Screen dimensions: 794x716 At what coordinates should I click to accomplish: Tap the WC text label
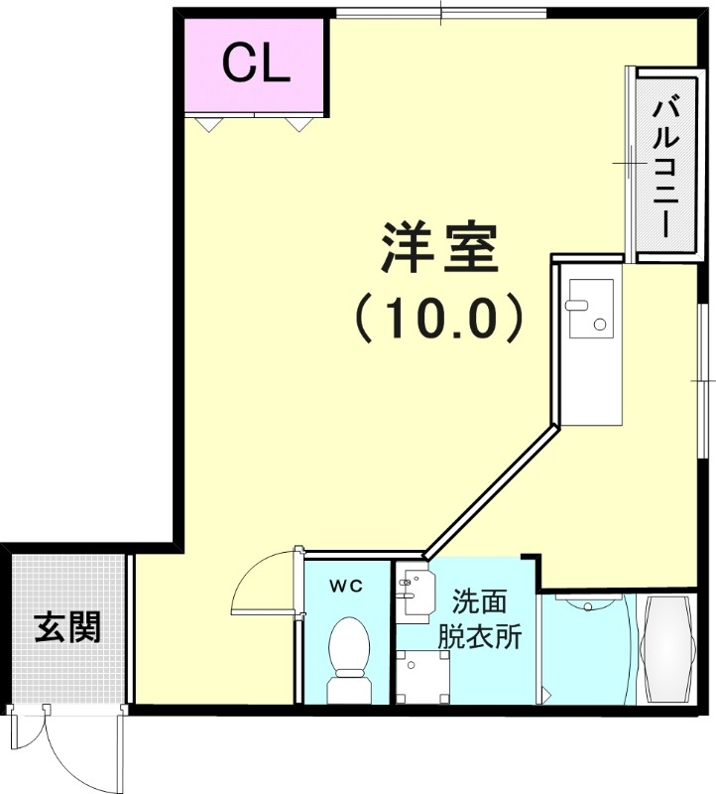[x=346, y=586]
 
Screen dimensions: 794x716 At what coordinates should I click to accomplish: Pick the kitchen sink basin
[x=589, y=306]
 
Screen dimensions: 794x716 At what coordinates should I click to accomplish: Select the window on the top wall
[x=440, y=13]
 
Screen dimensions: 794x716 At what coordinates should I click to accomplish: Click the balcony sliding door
[x=629, y=164]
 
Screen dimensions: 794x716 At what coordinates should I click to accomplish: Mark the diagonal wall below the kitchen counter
[x=490, y=491]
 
